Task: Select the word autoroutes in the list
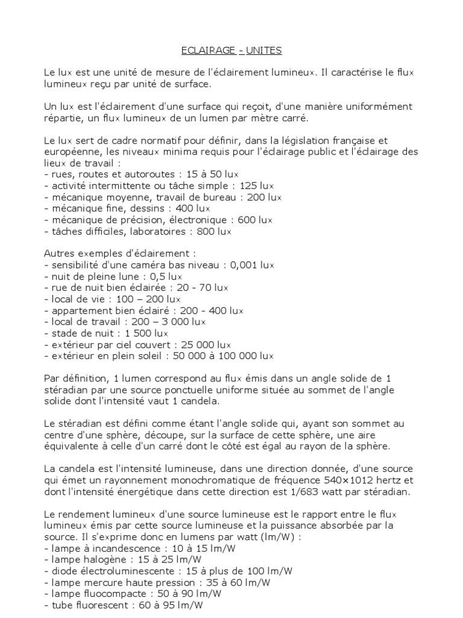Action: pyautogui.click(x=148, y=174)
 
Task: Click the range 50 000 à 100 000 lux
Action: pyautogui.click(x=224, y=356)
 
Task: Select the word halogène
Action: pyautogui.click(x=104, y=560)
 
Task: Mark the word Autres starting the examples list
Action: pyautogui.click(x=58, y=253)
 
